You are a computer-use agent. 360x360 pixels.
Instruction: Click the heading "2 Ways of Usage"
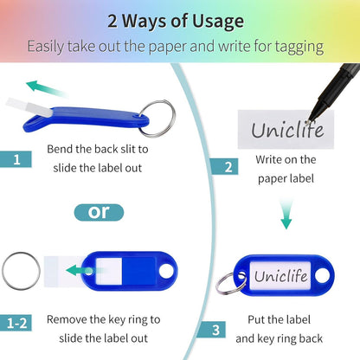[176, 22]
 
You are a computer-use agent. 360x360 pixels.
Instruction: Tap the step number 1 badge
[16, 159]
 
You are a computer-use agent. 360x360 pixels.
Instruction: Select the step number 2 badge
[224, 166]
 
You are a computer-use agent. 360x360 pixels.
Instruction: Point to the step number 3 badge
[213, 330]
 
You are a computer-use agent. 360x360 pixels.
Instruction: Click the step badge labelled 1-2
[16, 323]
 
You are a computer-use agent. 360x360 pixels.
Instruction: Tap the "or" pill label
[99, 212]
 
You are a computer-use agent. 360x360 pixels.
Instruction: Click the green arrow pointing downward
[286, 214]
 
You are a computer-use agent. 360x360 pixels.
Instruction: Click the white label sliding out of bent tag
[29, 107]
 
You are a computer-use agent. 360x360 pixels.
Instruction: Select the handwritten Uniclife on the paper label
[287, 130]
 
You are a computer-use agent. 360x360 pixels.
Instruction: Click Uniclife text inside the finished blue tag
[280, 275]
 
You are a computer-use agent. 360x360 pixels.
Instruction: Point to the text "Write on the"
[286, 159]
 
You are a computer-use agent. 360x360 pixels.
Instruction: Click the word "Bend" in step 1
[60, 149]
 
